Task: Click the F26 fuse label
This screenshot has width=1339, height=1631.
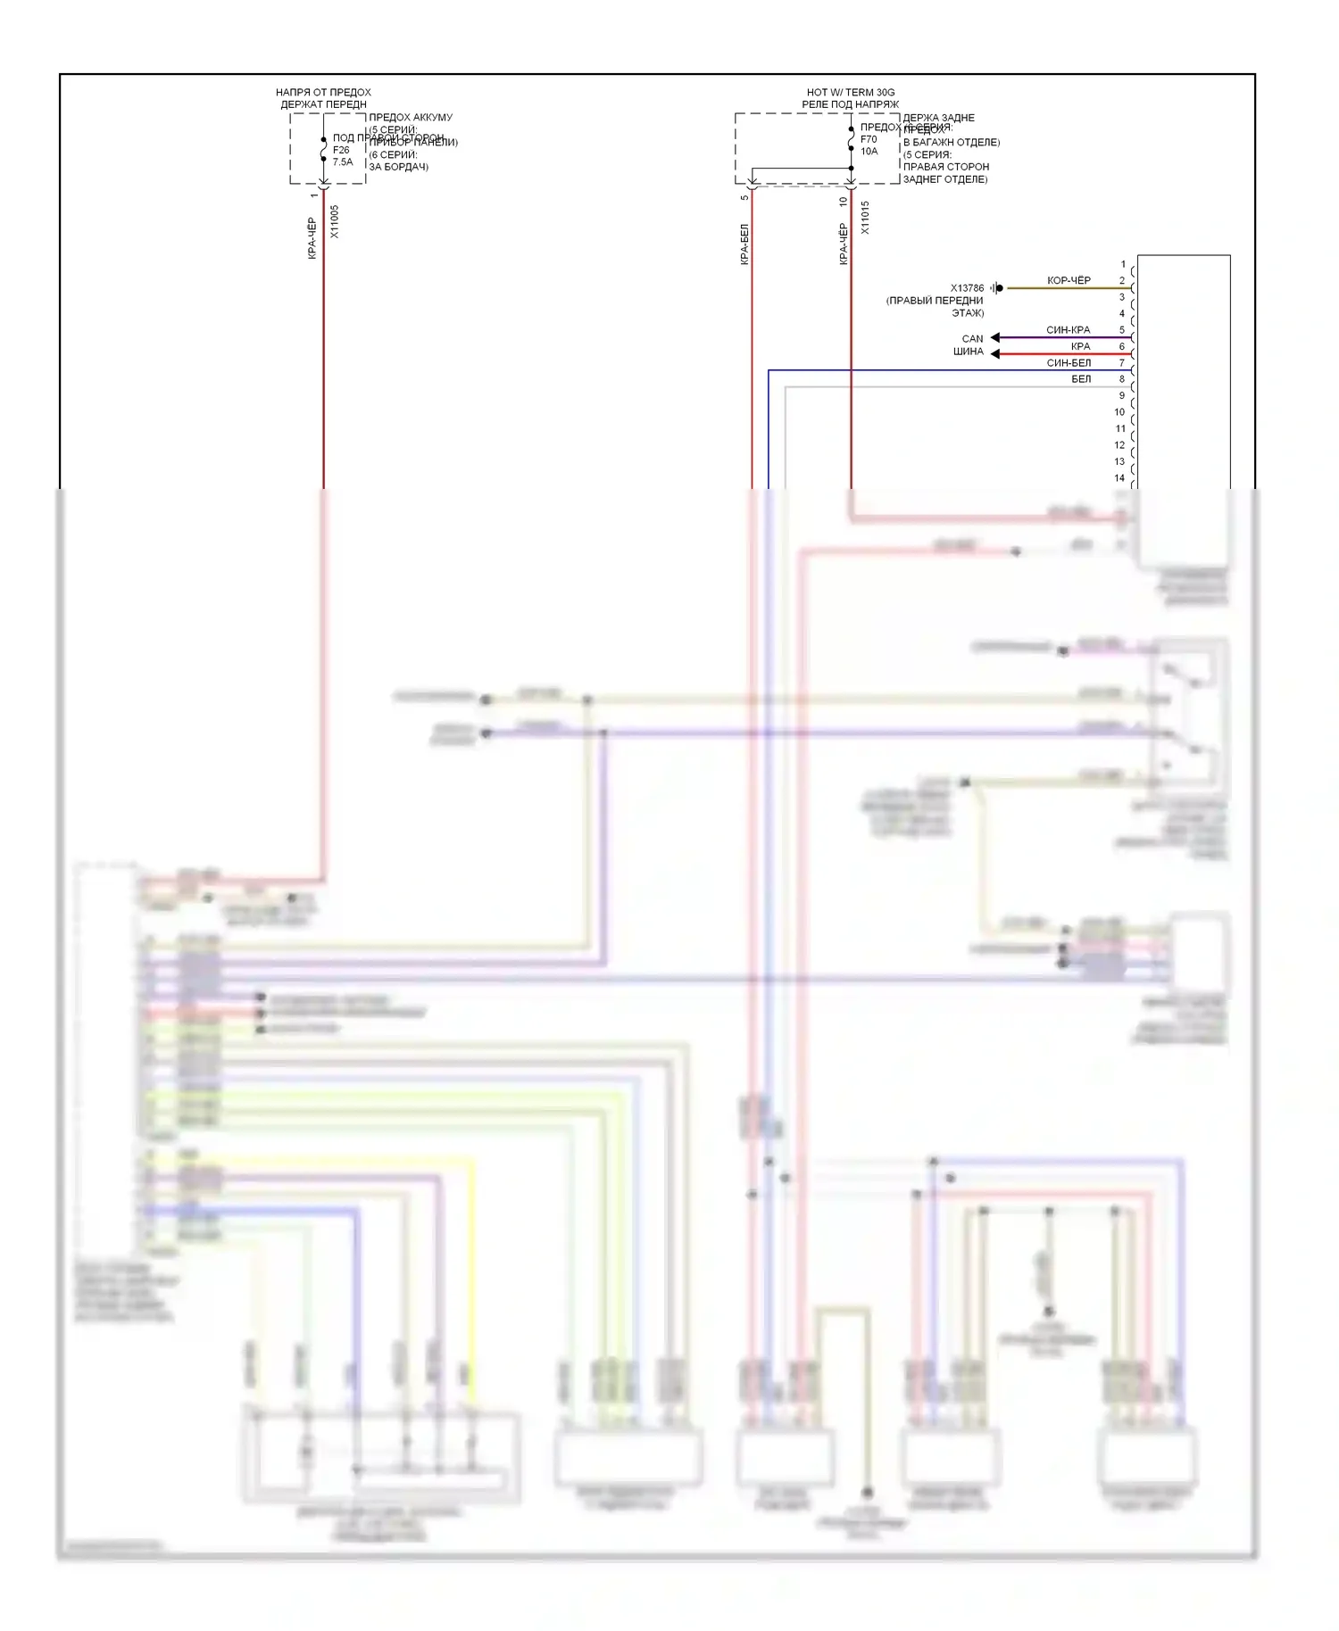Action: pyautogui.click(x=341, y=150)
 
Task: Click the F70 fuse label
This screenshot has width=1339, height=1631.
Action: pyautogui.click(x=869, y=139)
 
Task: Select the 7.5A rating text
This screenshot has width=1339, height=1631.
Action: pyautogui.click(x=343, y=162)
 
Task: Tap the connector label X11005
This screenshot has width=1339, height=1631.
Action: pyautogui.click(x=335, y=221)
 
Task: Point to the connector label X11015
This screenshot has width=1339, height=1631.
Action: pyautogui.click(x=865, y=218)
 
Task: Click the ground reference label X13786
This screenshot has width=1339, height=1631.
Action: pyautogui.click(x=967, y=288)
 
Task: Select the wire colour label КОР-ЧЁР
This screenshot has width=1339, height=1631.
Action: pyautogui.click(x=1069, y=280)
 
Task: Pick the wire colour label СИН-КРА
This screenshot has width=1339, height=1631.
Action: pyautogui.click(x=1068, y=330)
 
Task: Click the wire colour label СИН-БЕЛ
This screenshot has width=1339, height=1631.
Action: pyautogui.click(x=1069, y=363)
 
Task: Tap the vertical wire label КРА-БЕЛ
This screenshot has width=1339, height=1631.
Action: pyautogui.click(x=744, y=244)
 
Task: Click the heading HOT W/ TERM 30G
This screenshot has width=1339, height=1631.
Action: pyautogui.click(x=850, y=93)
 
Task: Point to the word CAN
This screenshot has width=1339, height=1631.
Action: pyautogui.click(x=972, y=339)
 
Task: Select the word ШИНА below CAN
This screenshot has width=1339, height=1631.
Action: pyautogui.click(x=968, y=352)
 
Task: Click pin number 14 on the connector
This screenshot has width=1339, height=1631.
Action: pyautogui.click(x=1119, y=478)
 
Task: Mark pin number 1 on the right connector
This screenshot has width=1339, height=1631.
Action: pyautogui.click(x=1123, y=264)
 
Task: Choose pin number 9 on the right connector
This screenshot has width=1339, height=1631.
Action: pyautogui.click(x=1122, y=395)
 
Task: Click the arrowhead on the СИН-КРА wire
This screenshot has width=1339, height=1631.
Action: pyautogui.click(x=995, y=337)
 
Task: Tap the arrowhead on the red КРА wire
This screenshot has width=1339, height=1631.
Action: pyautogui.click(x=995, y=354)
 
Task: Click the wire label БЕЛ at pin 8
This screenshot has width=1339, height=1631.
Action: pyautogui.click(x=1081, y=379)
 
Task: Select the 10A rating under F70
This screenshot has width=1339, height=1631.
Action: pyautogui.click(x=869, y=152)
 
